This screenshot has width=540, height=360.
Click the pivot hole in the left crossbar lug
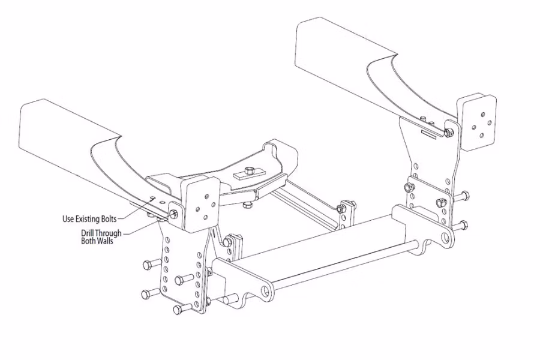click(x=266, y=291)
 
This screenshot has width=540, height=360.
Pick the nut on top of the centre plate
click(x=248, y=170)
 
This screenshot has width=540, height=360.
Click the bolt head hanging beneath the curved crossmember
click(x=247, y=206)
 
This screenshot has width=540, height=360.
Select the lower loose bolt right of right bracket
click(x=461, y=226)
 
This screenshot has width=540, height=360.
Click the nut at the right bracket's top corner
click(x=448, y=132)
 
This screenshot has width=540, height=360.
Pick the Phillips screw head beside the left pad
click(x=174, y=214)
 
